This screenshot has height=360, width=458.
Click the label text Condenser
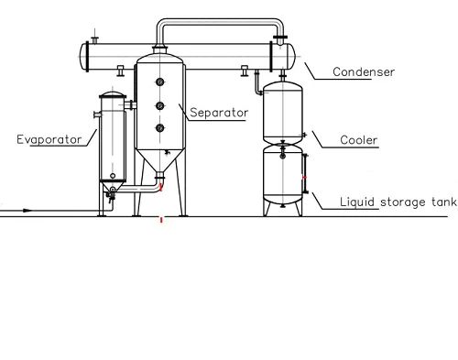(x=364, y=72)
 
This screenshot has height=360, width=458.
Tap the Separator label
(x=219, y=113)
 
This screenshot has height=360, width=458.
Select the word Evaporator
(x=49, y=139)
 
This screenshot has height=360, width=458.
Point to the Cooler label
(x=359, y=140)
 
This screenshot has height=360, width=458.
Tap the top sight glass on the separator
(x=160, y=82)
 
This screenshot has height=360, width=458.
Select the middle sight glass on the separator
(x=160, y=106)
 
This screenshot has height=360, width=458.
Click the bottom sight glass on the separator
(x=160, y=128)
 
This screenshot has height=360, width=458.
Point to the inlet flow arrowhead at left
(x=27, y=211)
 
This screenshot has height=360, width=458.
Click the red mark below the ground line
(x=161, y=220)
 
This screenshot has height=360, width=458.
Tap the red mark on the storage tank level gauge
(x=304, y=178)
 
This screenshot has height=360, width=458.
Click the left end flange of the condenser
(x=87, y=57)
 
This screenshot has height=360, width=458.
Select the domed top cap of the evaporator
(x=113, y=95)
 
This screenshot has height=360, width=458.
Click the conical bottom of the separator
(x=159, y=161)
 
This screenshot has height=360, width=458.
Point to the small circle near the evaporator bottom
(x=113, y=176)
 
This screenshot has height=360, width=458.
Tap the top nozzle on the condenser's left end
(x=95, y=39)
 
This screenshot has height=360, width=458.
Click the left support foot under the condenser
(x=121, y=71)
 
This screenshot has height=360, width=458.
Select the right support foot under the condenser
(x=245, y=71)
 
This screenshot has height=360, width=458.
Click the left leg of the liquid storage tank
(x=267, y=209)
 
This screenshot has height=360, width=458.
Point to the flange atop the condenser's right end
(x=280, y=38)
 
